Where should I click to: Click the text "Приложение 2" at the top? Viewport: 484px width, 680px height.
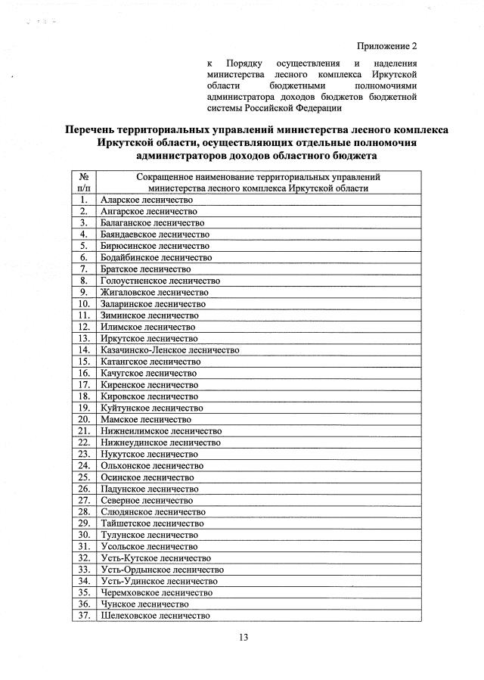tap(386, 45)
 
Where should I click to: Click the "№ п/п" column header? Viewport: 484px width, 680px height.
tap(84, 182)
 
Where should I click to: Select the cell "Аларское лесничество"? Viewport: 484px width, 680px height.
tap(147, 200)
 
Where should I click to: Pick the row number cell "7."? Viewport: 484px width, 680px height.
tap(84, 269)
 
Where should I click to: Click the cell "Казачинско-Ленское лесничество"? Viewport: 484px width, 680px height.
tap(169, 350)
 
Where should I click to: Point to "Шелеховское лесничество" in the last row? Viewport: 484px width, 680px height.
tap(154, 616)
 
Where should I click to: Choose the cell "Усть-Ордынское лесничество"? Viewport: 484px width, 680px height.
tap(162, 570)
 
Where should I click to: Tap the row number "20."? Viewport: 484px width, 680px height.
tap(84, 419)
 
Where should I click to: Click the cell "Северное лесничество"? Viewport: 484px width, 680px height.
tap(147, 500)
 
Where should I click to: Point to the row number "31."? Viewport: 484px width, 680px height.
tap(84, 546)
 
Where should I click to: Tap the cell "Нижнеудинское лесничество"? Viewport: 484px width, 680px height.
tap(160, 442)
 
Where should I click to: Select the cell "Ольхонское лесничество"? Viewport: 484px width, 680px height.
tap(151, 465)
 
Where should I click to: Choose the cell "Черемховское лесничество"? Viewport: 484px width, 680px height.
tap(157, 592)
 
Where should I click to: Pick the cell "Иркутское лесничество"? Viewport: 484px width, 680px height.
tap(149, 338)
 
